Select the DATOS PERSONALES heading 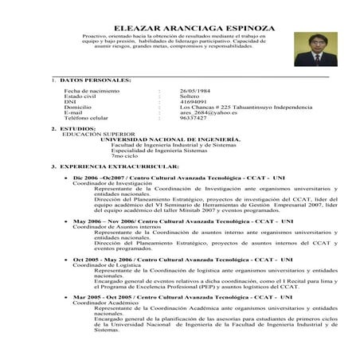96,80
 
